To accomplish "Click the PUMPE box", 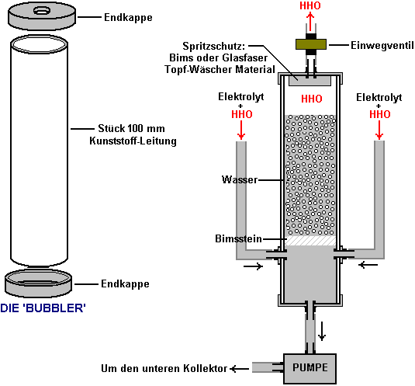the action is click(310, 368).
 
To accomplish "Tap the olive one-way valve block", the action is click(311, 44).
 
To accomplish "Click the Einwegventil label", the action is click(382, 45).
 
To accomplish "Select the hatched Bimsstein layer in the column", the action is click(311, 241).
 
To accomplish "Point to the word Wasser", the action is click(240, 179).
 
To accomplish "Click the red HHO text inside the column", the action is click(312, 99).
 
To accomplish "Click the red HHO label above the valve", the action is click(310, 5).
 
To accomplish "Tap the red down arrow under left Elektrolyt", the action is click(241, 130).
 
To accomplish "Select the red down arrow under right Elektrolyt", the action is click(379, 130).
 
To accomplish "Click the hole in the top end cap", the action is click(42, 11).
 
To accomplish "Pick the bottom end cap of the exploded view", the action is click(38, 283).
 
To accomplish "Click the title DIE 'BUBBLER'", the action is click(43, 308).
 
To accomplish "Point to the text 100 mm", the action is click(146, 128).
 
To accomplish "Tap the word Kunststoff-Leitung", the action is click(133, 141).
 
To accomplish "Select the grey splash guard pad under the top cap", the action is click(310, 81).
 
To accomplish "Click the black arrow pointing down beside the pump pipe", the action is click(322, 331).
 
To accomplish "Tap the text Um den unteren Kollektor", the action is click(164, 368).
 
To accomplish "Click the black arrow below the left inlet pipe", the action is click(254, 266).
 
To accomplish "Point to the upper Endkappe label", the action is click(128, 18).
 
